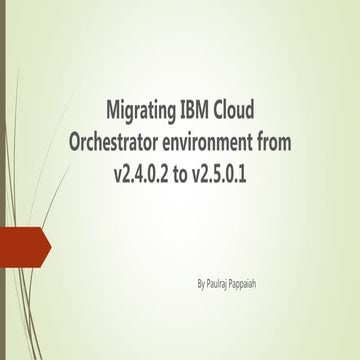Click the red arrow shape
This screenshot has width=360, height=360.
[22, 244]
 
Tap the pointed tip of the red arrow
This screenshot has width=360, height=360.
[50, 244]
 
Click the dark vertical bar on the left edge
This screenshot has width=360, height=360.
[3, 180]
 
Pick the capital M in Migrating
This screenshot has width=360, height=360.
[112, 109]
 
